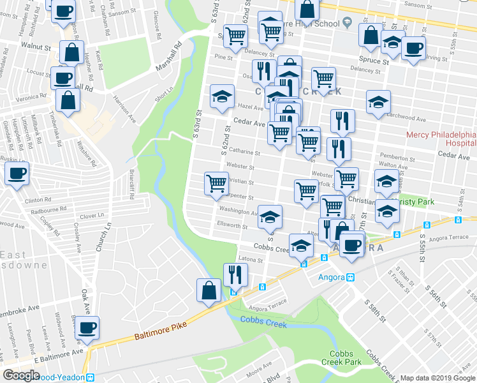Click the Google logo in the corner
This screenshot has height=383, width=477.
pos(21,375)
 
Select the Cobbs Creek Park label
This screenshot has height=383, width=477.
pos(345,358)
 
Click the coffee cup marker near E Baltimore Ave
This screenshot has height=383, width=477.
pos(87,329)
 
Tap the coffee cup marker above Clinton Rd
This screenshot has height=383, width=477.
pos(17,173)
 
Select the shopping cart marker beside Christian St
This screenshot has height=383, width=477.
pos(216,183)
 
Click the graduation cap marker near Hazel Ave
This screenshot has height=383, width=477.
pos(222,97)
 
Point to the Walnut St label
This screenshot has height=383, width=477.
pos(35,47)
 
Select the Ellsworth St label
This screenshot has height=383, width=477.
pos(231,225)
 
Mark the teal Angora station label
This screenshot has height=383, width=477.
pos(331,277)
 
